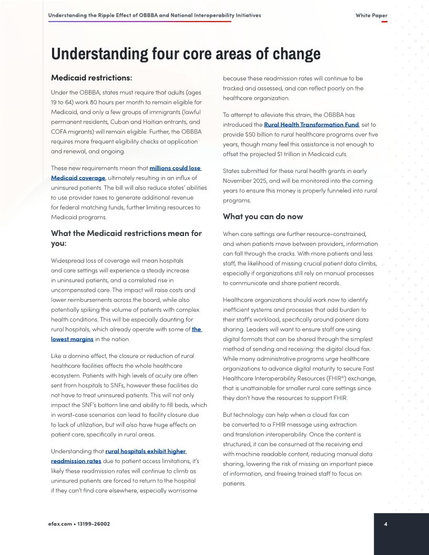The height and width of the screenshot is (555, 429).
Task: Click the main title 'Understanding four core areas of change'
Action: [186, 55]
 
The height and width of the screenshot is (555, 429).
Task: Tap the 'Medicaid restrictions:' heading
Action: [91, 78]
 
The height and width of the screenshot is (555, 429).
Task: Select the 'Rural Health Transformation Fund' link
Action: [311, 125]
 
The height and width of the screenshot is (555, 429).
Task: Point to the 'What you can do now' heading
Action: [263, 217]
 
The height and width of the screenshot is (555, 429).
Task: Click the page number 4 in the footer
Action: [385, 524]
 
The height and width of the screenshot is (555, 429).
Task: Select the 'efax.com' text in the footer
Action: [60, 524]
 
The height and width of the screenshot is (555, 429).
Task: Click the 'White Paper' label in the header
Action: [371, 15]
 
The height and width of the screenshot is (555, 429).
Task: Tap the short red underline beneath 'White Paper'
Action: [384, 22]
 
